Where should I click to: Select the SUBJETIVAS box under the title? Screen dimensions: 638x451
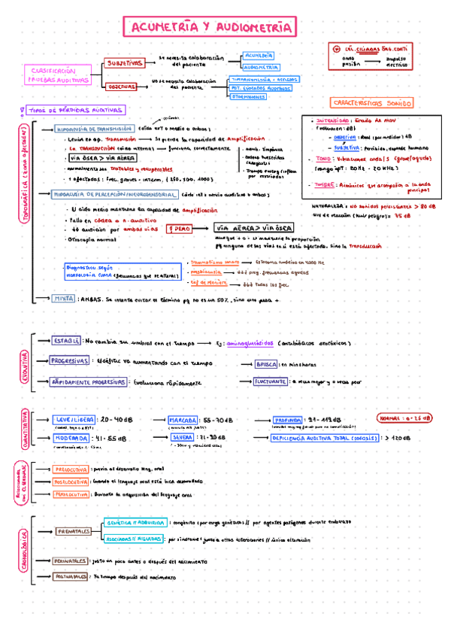(124, 63)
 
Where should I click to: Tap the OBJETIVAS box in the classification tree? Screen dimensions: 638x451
(120, 87)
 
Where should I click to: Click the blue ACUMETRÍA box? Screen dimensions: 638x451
(259, 55)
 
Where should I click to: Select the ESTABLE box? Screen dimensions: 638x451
(67, 341)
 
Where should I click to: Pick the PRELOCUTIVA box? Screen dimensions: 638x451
(68, 469)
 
